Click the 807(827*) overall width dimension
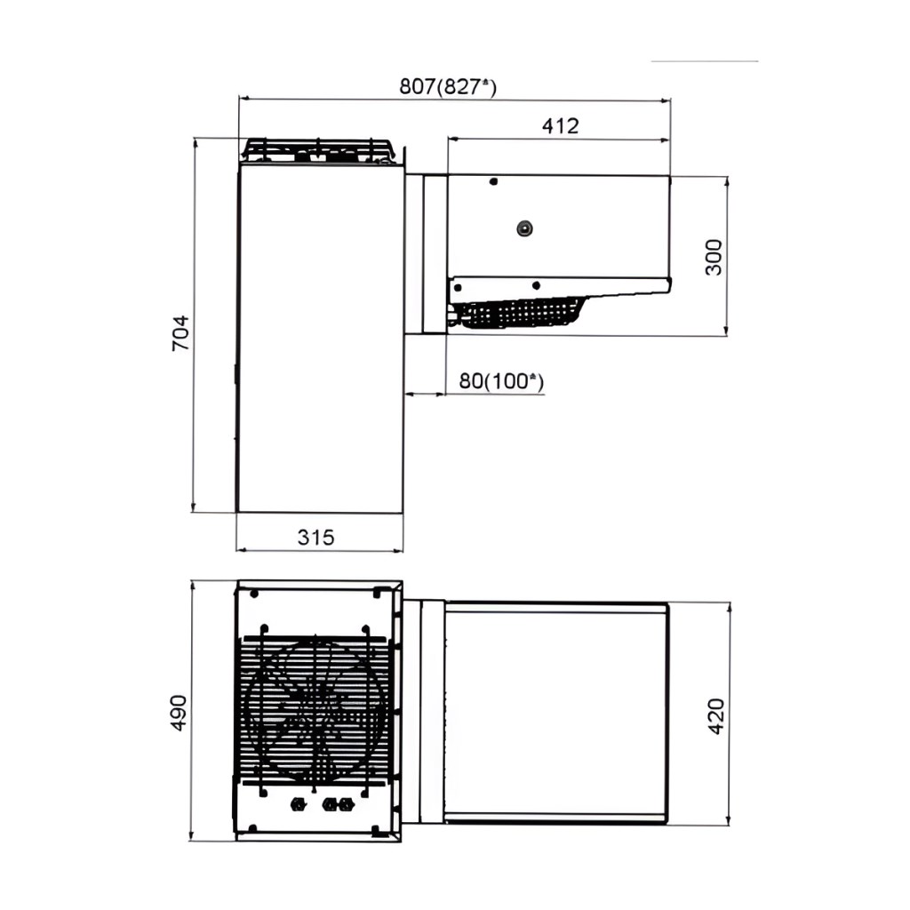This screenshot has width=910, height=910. [x=448, y=87]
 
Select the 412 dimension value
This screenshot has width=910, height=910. [x=560, y=126]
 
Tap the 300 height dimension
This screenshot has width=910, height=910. [x=714, y=257]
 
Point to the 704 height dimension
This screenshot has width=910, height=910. [x=180, y=332]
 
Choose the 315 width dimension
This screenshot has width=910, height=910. [x=315, y=538]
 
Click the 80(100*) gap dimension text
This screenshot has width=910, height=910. [x=501, y=381]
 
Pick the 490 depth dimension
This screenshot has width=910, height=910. [x=178, y=712]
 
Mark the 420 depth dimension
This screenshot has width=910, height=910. [x=717, y=716]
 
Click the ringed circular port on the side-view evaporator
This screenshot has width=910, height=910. [x=525, y=228]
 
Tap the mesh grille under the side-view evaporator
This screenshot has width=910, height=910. [x=519, y=314]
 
